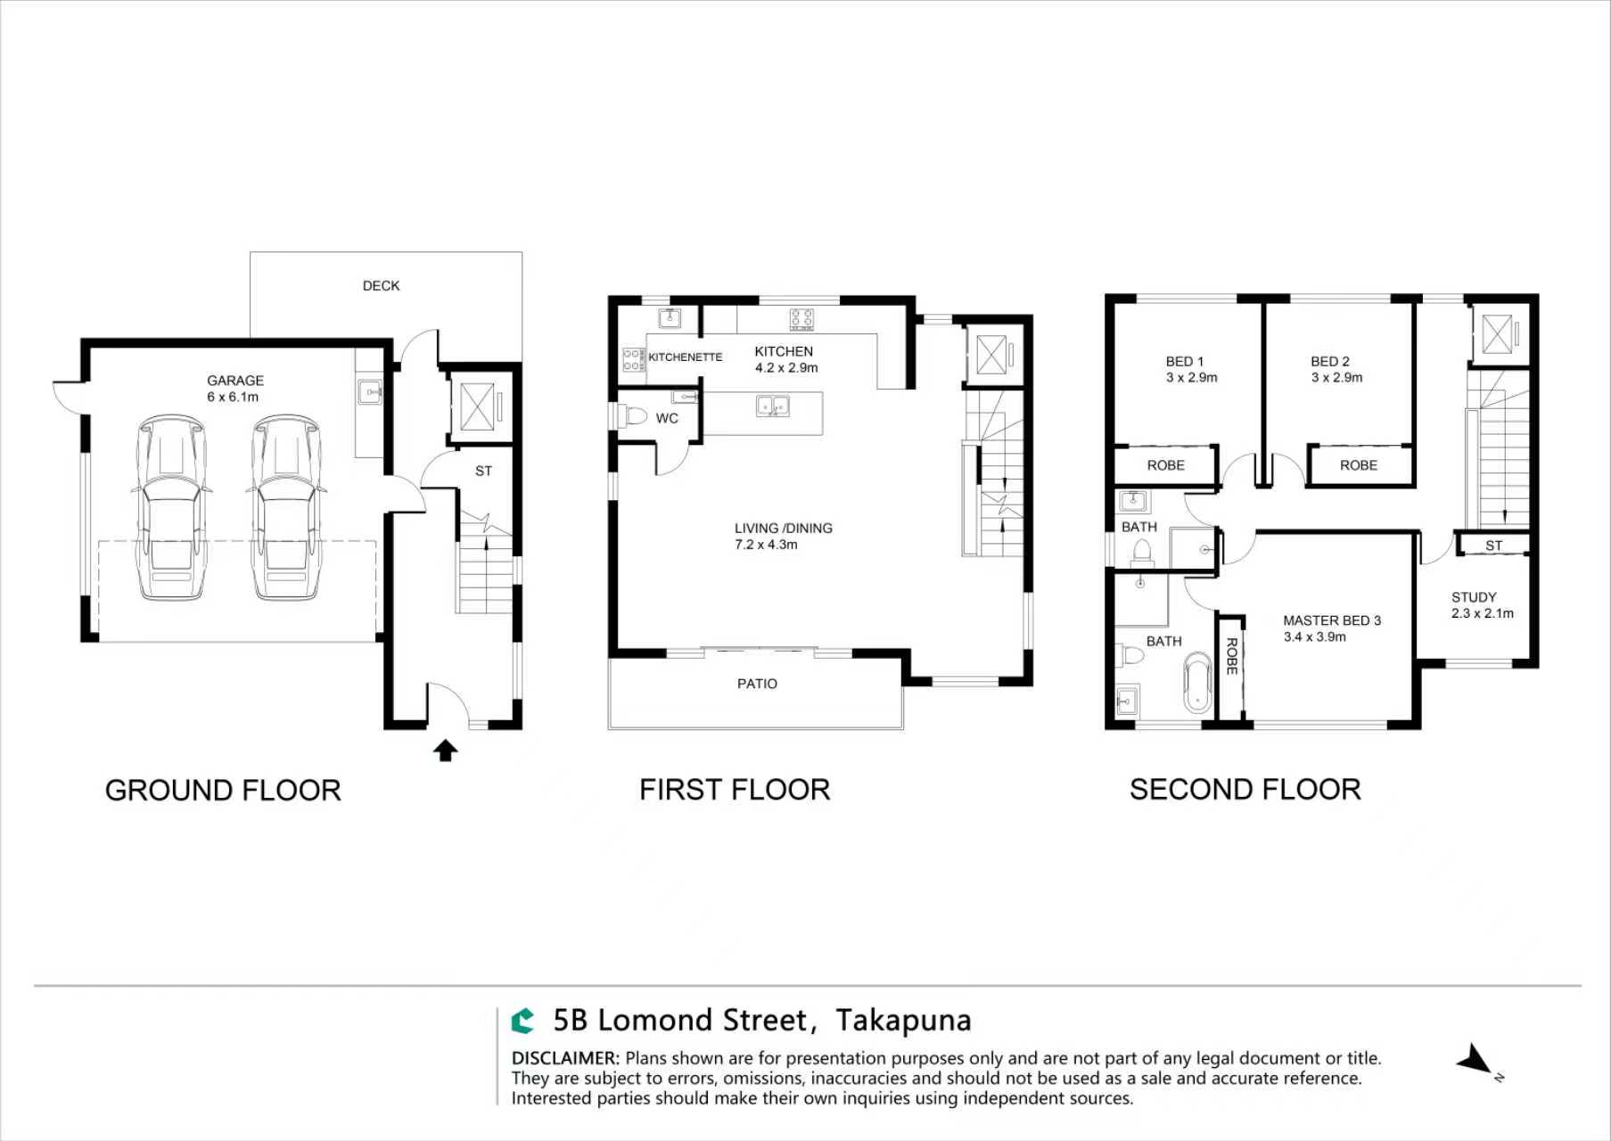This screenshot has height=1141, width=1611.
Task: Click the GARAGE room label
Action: [x=235, y=381]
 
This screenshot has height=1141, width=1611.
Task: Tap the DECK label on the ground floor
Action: [x=381, y=286]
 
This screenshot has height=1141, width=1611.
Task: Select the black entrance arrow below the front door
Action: [x=446, y=751]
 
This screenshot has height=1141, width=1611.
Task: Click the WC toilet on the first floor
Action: [x=635, y=416]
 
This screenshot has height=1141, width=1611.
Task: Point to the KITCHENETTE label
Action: [x=685, y=357]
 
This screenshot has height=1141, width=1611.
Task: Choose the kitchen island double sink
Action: [x=772, y=406]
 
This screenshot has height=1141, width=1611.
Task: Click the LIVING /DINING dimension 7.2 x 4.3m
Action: [x=766, y=545]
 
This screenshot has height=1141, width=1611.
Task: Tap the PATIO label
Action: [x=757, y=684]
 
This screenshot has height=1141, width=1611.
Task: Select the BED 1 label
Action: [x=1184, y=362]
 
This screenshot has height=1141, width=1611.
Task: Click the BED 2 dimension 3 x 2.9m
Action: [x=1336, y=378]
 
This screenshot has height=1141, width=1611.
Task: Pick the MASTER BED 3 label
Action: [x=1331, y=620]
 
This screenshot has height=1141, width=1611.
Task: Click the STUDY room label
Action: [x=1474, y=597]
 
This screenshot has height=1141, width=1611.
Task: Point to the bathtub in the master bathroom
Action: [x=1198, y=683]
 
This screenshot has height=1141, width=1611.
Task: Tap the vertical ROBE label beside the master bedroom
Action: [x=1231, y=656]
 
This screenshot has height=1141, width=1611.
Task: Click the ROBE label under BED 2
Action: [x=1358, y=465]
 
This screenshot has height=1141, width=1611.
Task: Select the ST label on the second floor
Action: [x=1493, y=546]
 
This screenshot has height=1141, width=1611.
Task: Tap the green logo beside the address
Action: [x=522, y=1021]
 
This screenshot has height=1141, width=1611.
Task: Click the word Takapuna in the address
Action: [x=903, y=1021]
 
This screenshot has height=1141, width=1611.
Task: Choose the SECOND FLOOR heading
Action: [x=1245, y=790]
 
